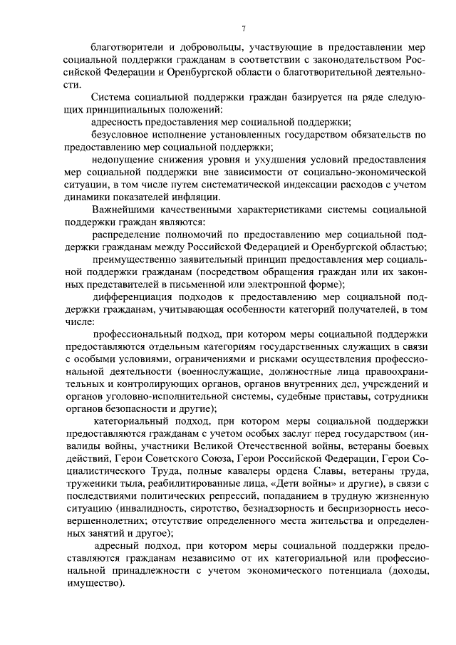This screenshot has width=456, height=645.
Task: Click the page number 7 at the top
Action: click(243, 29)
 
